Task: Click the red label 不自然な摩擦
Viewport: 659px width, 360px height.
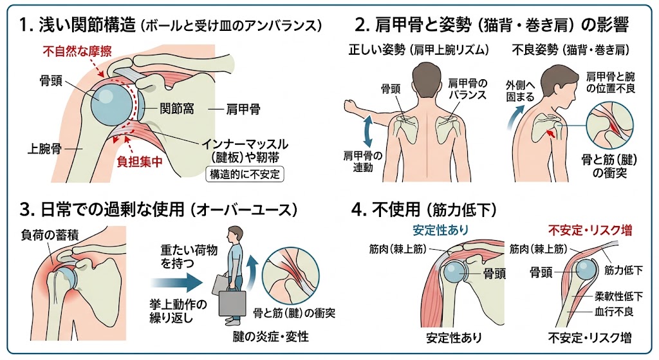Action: [x=77, y=52]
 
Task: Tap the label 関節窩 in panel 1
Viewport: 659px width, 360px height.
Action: [x=176, y=109]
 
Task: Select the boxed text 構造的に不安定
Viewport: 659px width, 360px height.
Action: [x=245, y=174]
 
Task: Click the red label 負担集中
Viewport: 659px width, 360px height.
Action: [x=140, y=162]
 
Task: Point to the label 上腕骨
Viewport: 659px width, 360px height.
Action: [x=44, y=149]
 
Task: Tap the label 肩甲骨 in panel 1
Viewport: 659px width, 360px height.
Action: [x=243, y=109]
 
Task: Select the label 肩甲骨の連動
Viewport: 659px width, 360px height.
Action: [x=363, y=162]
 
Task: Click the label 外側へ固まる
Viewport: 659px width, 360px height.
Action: [x=520, y=91]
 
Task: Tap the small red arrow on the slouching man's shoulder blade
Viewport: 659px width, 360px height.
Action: [x=551, y=134]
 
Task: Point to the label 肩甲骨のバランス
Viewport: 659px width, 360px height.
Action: [x=467, y=89]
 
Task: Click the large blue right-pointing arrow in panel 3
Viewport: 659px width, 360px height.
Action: [x=176, y=283]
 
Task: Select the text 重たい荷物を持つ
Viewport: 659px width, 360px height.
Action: [x=189, y=258]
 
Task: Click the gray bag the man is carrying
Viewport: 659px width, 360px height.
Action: [x=232, y=302]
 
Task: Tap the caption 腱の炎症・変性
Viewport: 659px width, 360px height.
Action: [x=271, y=336]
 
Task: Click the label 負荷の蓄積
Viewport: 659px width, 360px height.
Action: [x=50, y=234]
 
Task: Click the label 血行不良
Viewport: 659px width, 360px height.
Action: [x=613, y=312]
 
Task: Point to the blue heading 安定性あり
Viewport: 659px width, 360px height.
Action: [x=440, y=230]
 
